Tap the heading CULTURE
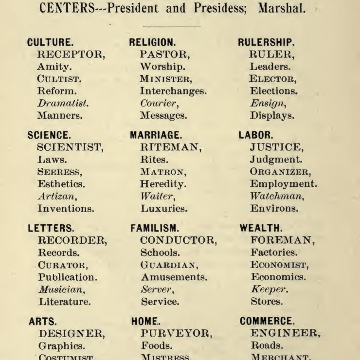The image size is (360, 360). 47,42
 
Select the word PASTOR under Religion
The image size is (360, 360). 163,54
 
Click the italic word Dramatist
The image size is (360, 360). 63,103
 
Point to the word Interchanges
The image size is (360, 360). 173,91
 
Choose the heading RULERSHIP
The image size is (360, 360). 266,42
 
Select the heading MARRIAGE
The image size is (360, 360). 156,135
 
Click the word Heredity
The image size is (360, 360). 163,184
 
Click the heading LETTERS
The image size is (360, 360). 51,228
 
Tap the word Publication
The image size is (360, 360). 68,277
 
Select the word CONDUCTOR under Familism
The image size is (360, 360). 178,240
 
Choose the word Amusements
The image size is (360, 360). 174,277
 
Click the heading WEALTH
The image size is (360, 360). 260,228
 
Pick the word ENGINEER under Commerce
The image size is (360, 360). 286,333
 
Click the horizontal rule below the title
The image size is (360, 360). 172,26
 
